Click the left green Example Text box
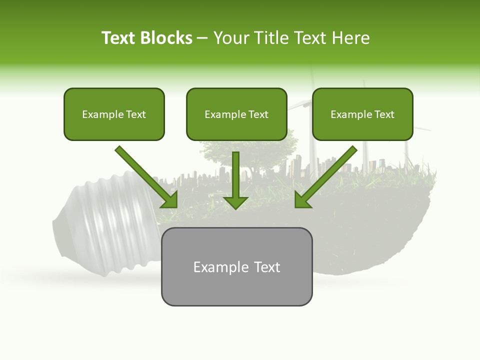114,114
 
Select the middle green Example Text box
236,114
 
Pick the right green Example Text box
362,114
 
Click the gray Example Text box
236,266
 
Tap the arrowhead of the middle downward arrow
235,201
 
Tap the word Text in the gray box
267,267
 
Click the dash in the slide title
202,38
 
